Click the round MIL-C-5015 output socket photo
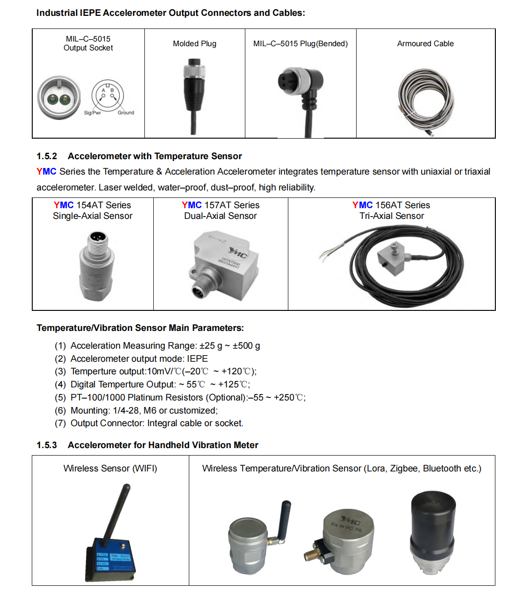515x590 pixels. pyautogui.click(x=59, y=98)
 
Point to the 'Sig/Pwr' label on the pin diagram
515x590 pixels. pyautogui.click(x=93, y=113)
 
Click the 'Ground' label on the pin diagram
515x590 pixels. pyautogui.click(x=126, y=113)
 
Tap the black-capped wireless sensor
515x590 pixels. pyautogui.click(x=432, y=532)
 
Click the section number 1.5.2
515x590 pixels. pyautogui.click(x=47, y=156)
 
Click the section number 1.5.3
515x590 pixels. pyautogui.click(x=47, y=445)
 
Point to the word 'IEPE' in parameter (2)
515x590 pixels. pyautogui.click(x=197, y=359)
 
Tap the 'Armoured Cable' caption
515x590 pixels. pyautogui.click(x=425, y=44)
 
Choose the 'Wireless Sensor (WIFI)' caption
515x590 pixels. pyautogui.click(x=110, y=469)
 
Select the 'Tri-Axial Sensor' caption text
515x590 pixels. pyautogui.click(x=392, y=216)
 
